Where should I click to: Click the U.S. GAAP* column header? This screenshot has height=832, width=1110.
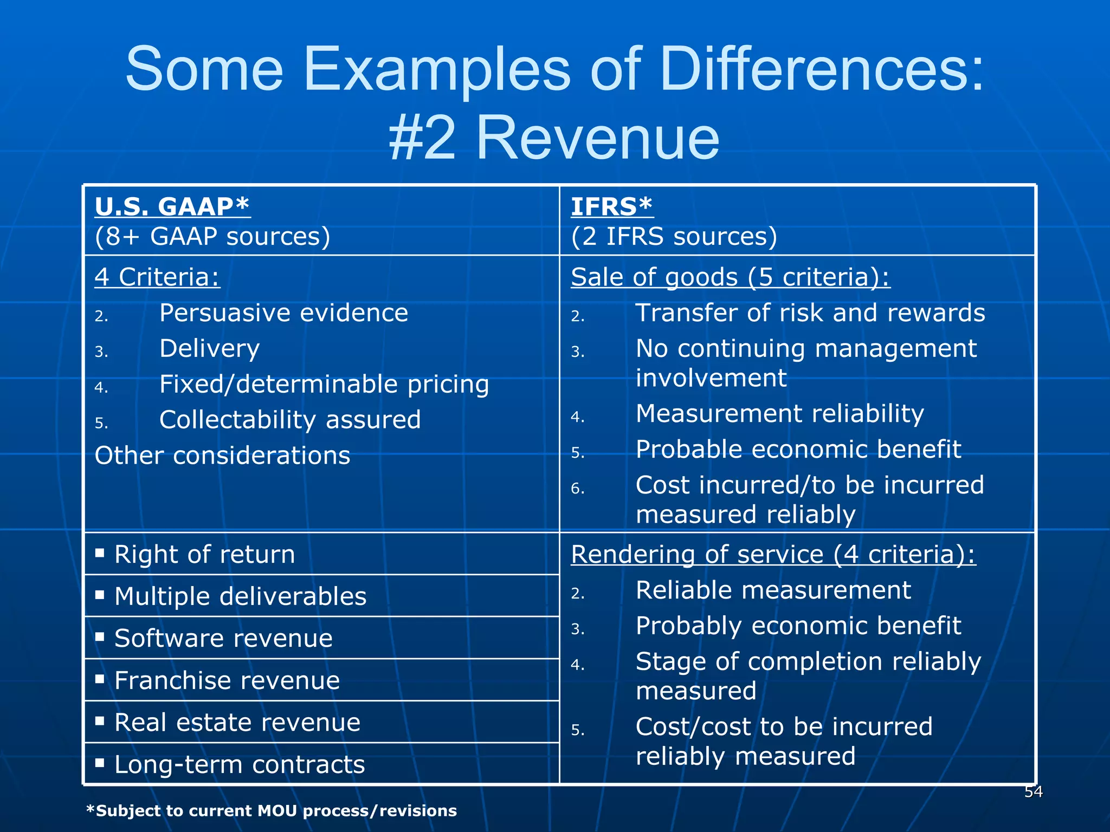pos(172,206)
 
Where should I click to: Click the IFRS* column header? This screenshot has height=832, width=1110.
pos(611,206)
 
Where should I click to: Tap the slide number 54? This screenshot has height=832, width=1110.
pos(1033,792)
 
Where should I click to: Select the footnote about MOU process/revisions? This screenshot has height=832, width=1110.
pos(272,811)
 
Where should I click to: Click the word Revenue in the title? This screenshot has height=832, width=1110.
pos(597,138)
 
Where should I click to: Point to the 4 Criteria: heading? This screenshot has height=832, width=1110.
pos(157,277)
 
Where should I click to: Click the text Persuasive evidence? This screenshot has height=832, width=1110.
pos(283,313)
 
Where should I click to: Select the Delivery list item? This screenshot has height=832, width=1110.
pos(209,348)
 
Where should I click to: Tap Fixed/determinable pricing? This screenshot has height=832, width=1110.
pos(324,384)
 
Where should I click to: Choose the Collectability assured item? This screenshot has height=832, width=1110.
pos(290,420)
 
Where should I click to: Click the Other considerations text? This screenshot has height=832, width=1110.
pos(222,456)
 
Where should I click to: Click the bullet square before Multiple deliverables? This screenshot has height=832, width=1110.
pos(100,595)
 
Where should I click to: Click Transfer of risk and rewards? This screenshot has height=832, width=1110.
pos(810,313)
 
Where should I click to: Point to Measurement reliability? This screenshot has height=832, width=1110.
pos(779,413)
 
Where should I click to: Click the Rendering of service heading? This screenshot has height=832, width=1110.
pos(773,554)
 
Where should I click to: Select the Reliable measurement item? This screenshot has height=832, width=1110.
pos(773,590)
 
